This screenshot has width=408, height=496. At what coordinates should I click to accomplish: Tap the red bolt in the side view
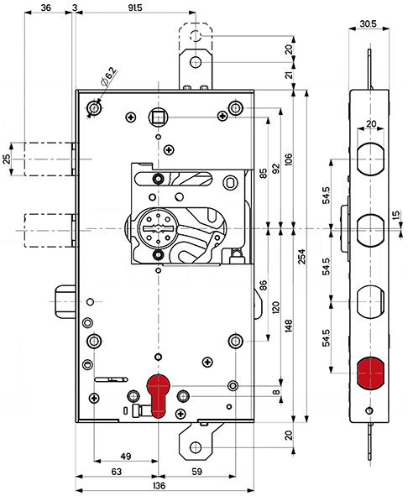pos(370,373)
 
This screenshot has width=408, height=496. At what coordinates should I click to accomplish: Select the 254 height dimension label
pos(302,257)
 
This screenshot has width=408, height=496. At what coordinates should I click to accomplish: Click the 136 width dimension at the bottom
pos(159,485)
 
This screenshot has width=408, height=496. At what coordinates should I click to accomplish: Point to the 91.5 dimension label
pos(135,8)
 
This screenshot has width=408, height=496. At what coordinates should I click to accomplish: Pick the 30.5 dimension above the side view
pos(368,23)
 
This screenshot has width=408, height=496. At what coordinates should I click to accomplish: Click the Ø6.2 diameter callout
pos(108,77)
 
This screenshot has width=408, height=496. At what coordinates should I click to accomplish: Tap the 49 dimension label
pos(126,457)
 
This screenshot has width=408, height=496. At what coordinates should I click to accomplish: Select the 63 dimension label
pos(117,472)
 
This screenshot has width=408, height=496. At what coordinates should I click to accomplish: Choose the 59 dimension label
pos(197,472)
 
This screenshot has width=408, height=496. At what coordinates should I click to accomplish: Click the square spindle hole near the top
pos(158,117)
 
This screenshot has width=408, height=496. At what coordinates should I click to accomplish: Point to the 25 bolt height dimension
pos(7,159)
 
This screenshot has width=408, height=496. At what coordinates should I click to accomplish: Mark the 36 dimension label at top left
pos(46,8)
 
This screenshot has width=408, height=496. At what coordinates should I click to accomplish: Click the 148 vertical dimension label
pos(288,326)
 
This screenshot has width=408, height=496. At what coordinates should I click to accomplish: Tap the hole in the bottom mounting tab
pos(196,447)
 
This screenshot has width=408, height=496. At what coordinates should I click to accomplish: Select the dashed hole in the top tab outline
pos(196,36)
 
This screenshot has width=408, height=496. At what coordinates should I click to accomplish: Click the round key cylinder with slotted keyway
pos(157,228)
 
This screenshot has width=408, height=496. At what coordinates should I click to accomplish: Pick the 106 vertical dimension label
pos(288,159)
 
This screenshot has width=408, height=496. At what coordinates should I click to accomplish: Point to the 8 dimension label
pos(276,392)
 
